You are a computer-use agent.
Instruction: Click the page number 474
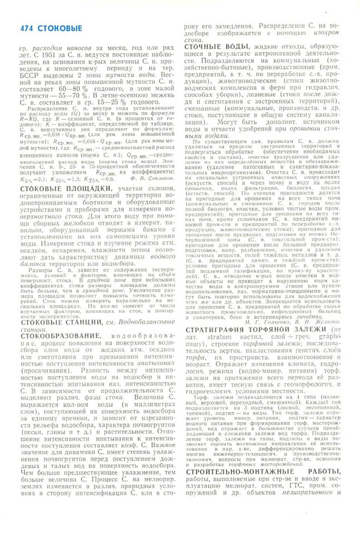(x=26, y=28)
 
